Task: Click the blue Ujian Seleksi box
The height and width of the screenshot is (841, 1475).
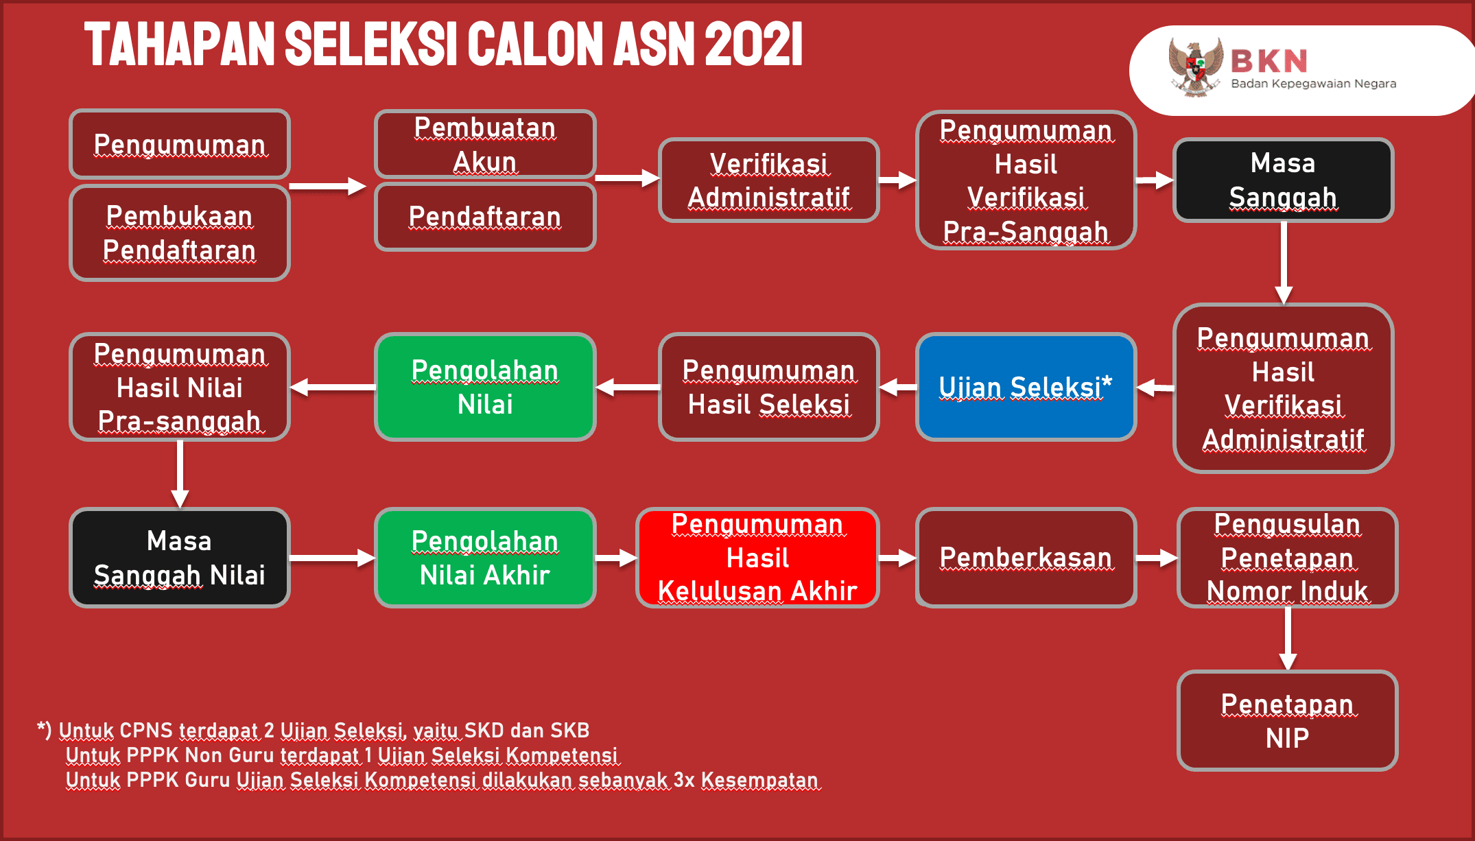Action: [1026, 387]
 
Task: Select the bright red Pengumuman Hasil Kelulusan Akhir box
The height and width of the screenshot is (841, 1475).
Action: [757, 558]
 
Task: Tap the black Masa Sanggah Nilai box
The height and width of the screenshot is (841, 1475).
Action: [180, 558]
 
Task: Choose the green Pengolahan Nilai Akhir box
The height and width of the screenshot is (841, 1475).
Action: [485, 558]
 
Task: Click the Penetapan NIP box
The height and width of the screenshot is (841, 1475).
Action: [1287, 721]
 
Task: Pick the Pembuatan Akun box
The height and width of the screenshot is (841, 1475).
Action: [485, 144]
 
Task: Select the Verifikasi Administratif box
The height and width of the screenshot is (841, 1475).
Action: [768, 180]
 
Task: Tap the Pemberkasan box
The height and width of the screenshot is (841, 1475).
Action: [1026, 558]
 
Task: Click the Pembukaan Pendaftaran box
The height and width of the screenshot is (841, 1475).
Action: [180, 233]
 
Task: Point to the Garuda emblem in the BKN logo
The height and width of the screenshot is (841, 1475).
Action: [1196, 67]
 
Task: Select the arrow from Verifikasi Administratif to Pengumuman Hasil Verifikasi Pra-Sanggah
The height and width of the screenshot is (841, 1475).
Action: [897, 180]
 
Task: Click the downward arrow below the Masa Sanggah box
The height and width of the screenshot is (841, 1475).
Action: [1284, 263]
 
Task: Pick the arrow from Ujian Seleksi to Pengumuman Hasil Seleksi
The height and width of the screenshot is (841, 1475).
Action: [897, 388]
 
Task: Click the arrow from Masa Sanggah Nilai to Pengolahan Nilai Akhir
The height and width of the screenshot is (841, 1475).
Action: [333, 558]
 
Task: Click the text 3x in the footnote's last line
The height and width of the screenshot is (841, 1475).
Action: [684, 781]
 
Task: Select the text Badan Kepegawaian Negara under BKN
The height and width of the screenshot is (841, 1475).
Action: [1313, 84]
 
